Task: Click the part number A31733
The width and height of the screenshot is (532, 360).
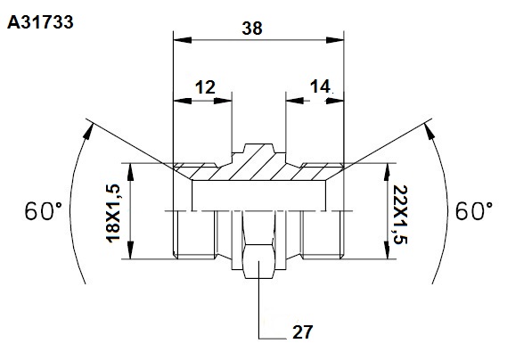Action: click(x=40, y=22)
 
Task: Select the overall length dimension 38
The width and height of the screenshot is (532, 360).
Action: click(x=252, y=29)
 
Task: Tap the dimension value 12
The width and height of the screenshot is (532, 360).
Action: click(x=205, y=87)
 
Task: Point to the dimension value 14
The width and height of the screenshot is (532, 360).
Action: click(x=320, y=86)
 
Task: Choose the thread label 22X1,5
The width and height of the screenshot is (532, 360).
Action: click(x=399, y=215)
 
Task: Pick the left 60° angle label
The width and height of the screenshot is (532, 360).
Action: click(x=44, y=210)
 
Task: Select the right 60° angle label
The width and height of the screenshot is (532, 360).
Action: click(x=474, y=210)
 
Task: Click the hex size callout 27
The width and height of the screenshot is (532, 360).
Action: click(x=302, y=331)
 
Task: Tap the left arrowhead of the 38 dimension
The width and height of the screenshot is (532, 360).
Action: click(x=182, y=40)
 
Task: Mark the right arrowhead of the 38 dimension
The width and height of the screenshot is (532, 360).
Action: click(x=335, y=40)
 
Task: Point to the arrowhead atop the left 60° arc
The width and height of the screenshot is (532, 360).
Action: click(x=88, y=131)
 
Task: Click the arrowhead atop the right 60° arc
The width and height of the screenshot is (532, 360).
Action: click(x=430, y=131)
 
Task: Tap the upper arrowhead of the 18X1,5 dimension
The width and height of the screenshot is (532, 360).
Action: click(x=131, y=172)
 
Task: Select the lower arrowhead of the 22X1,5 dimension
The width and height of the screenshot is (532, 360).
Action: click(x=387, y=250)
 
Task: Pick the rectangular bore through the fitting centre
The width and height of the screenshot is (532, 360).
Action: click(x=259, y=196)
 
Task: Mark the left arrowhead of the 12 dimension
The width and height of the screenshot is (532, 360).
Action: click(x=182, y=101)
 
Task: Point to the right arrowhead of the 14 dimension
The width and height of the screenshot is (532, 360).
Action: click(x=335, y=101)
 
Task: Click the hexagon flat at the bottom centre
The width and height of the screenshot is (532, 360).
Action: click(x=259, y=261)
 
